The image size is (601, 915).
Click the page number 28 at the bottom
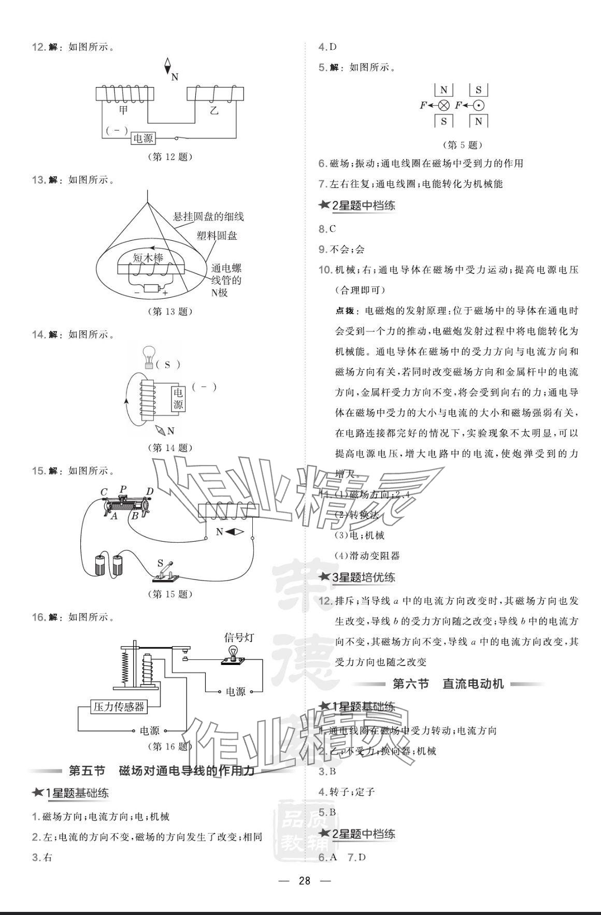point(304,880)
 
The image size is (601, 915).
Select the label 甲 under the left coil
point(124,110)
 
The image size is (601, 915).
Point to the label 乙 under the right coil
point(214,110)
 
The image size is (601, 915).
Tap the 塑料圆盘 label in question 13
point(217,236)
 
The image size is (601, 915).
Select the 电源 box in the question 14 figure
point(178,398)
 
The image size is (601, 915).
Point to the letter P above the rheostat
point(123,489)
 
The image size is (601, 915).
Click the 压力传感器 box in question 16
point(118,706)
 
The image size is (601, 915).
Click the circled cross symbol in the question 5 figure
point(443,106)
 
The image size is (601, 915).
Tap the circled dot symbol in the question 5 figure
point(479,106)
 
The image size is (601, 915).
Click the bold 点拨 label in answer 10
point(345,311)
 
